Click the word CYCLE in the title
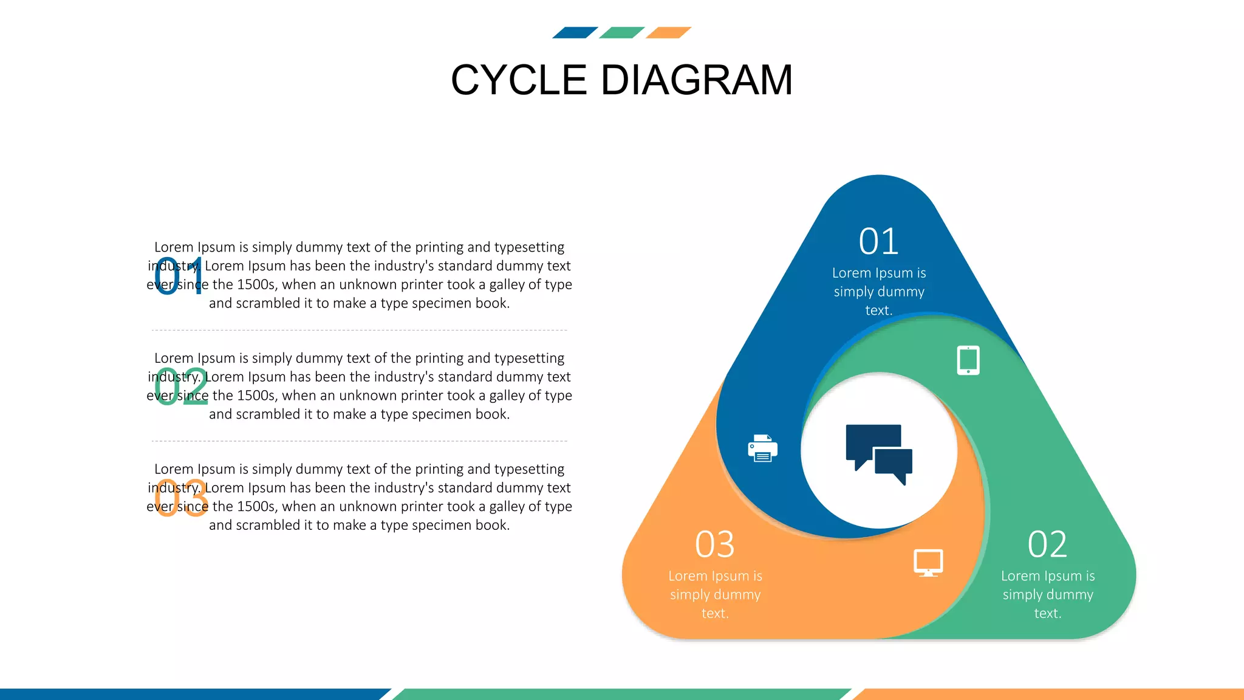click(519, 80)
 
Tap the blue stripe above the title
click(575, 33)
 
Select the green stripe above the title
click(621, 33)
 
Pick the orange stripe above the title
click(668, 33)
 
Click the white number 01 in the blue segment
click(878, 242)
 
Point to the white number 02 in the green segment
click(1047, 544)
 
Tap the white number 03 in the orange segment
click(714, 544)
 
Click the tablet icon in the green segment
click(968, 360)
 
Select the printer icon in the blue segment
click(762, 448)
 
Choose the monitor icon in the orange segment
click(928, 563)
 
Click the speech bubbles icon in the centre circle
click(879, 453)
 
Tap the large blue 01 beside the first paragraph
click(179, 277)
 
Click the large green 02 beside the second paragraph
click(180, 386)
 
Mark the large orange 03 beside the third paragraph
click(180, 498)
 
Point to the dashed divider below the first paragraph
click(359, 331)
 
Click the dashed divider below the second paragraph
click(359, 441)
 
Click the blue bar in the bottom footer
click(188, 694)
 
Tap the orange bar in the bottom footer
click(1051, 694)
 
